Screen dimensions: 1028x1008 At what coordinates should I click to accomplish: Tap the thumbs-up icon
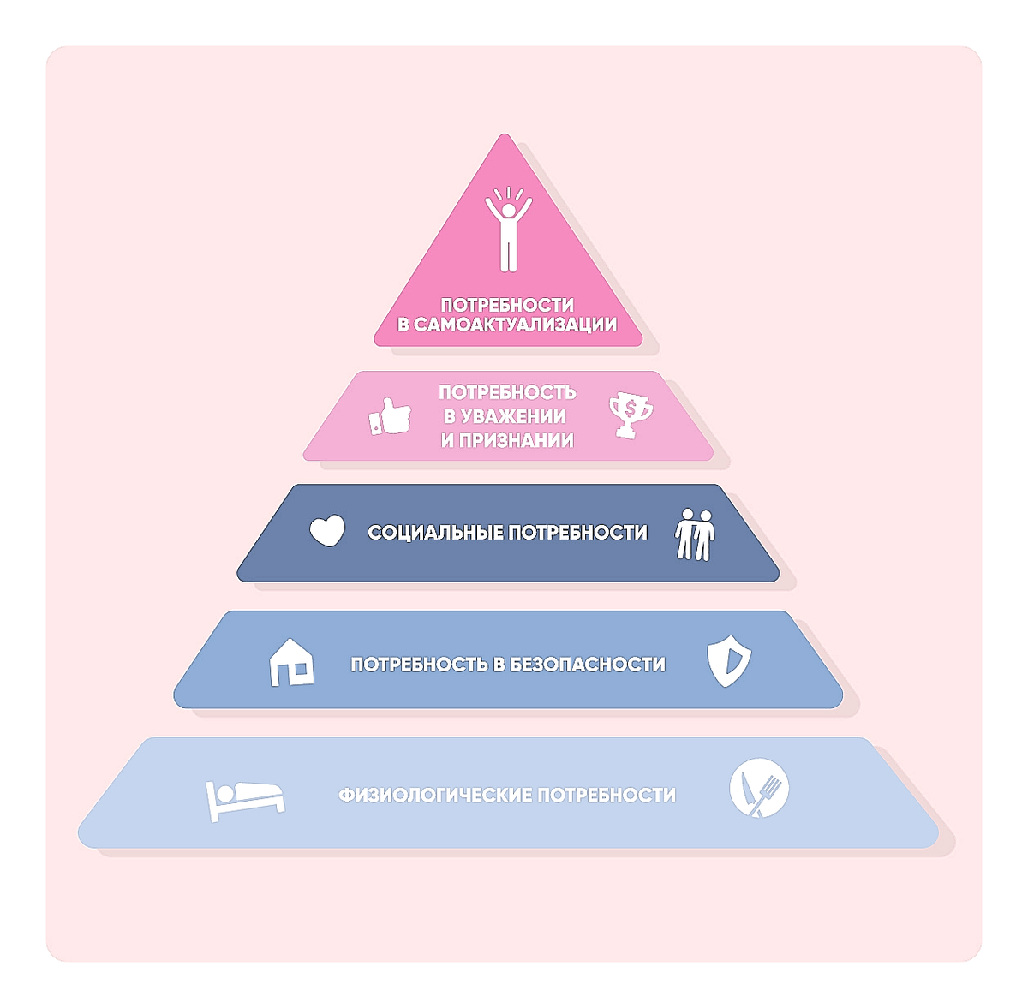click(390, 416)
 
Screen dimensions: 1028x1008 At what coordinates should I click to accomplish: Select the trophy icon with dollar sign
click(631, 415)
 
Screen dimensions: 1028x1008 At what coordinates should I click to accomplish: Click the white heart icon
click(327, 530)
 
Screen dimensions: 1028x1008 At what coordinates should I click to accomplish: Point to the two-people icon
click(695, 534)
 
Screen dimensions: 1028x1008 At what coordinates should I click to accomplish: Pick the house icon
click(291, 662)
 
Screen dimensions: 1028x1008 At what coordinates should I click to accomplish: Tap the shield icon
click(729, 661)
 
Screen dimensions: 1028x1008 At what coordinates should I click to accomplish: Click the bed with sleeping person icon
click(245, 801)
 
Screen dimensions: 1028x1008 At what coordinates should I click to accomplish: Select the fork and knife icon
click(759, 787)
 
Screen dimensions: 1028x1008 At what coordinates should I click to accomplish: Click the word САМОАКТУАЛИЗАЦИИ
click(516, 325)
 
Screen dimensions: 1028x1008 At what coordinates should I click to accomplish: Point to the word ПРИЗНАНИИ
click(516, 441)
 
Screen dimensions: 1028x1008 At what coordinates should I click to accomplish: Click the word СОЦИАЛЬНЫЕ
click(435, 533)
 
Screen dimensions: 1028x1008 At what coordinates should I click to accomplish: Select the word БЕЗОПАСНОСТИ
click(588, 665)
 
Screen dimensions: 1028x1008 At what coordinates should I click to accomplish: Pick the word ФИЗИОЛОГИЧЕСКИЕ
click(434, 796)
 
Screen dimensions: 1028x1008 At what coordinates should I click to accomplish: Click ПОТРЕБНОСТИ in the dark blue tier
click(577, 533)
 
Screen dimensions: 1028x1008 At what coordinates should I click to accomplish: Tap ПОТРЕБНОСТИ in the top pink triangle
click(507, 306)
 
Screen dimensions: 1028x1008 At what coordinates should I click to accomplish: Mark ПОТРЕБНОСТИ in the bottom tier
click(607, 796)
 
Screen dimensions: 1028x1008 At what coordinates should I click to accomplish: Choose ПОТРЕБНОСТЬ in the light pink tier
click(507, 392)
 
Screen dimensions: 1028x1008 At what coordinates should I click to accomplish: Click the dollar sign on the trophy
click(631, 409)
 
